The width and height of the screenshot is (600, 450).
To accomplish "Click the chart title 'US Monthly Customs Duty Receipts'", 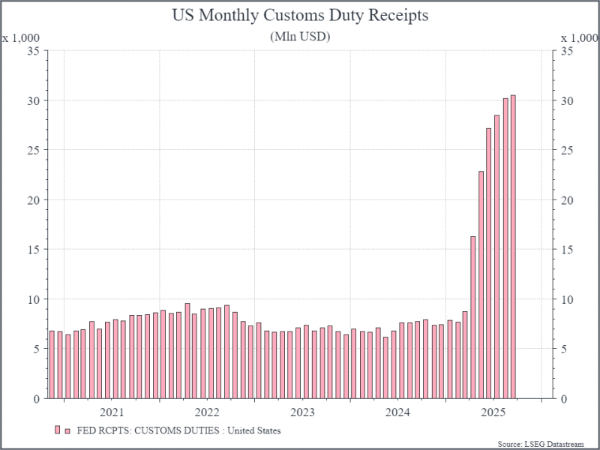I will click(300, 16).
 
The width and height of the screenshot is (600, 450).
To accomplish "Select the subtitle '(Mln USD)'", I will click(300, 36).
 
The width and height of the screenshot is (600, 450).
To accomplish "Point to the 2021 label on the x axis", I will click(112, 412).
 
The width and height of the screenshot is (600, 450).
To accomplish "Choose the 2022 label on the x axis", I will click(207, 412).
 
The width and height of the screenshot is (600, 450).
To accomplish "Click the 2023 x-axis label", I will click(302, 412).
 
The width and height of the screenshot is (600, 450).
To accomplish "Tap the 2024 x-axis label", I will click(397, 412).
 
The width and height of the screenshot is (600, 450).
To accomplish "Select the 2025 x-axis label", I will click(493, 412).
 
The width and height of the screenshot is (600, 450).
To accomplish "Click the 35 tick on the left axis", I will click(33, 51).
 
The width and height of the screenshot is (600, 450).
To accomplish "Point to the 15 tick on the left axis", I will click(33, 250).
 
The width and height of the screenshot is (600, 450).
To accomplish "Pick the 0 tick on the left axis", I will click(36, 399).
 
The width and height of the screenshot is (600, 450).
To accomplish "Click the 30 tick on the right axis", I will click(567, 100).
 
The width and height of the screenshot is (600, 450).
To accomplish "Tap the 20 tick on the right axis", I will click(567, 200).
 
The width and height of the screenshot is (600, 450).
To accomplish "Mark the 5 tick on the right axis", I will click(564, 349).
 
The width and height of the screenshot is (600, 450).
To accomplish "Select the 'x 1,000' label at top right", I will click(580, 37).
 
